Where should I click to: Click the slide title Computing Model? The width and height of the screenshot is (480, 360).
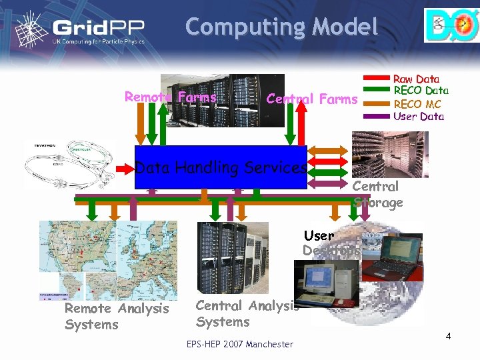coord(281,27)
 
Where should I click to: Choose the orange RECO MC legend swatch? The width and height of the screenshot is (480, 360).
coord(377,104)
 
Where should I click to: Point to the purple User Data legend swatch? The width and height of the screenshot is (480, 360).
coord(377,116)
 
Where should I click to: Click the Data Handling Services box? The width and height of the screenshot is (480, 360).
coord(221,167)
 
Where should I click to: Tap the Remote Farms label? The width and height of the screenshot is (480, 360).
coord(171,97)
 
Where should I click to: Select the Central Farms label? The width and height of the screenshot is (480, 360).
coord(312,99)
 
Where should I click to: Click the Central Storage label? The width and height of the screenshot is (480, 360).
coord(377,194)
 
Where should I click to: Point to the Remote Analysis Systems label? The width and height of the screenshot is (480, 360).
coord(117,317)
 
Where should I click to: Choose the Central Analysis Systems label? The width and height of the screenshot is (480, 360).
coord(247,314)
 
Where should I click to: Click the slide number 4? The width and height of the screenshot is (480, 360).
coord(449,336)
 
